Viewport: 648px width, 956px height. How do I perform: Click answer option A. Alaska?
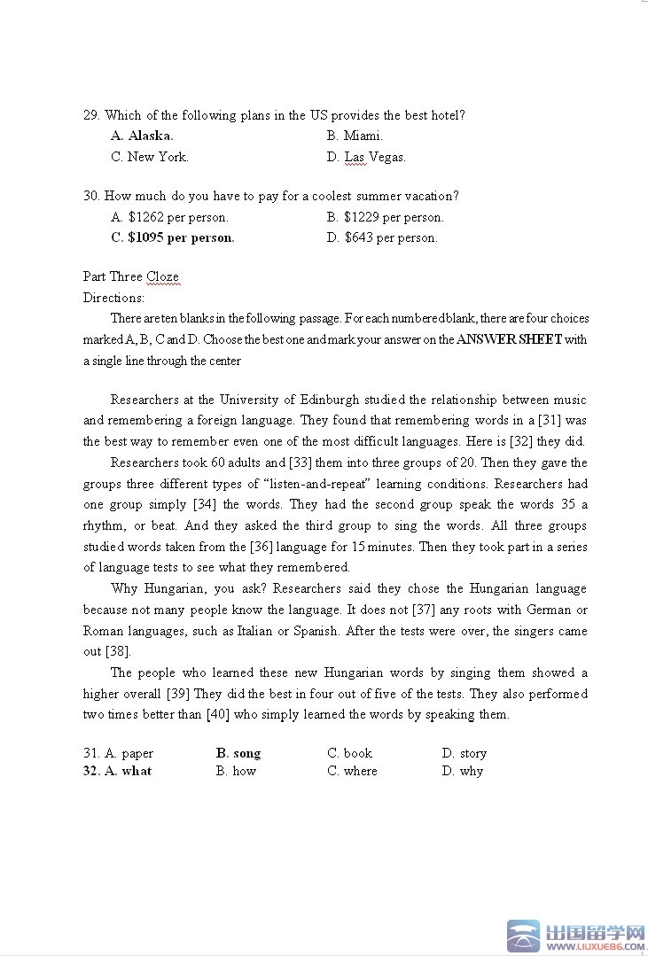[x=142, y=136]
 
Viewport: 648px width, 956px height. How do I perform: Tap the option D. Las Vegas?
[x=366, y=157]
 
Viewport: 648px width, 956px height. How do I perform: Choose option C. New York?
[x=150, y=157]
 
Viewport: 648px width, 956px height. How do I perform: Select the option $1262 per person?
[x=169, y=217]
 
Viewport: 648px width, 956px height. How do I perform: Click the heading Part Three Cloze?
[x=131, y=276]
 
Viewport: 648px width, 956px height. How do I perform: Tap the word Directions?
[x=113, y=298]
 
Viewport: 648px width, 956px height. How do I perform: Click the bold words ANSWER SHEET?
[x=509, y=339]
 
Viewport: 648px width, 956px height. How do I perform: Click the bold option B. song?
[x=238, y=753]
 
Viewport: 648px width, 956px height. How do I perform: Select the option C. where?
[x=352, y=771]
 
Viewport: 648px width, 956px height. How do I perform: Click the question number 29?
[x=91, y=115]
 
